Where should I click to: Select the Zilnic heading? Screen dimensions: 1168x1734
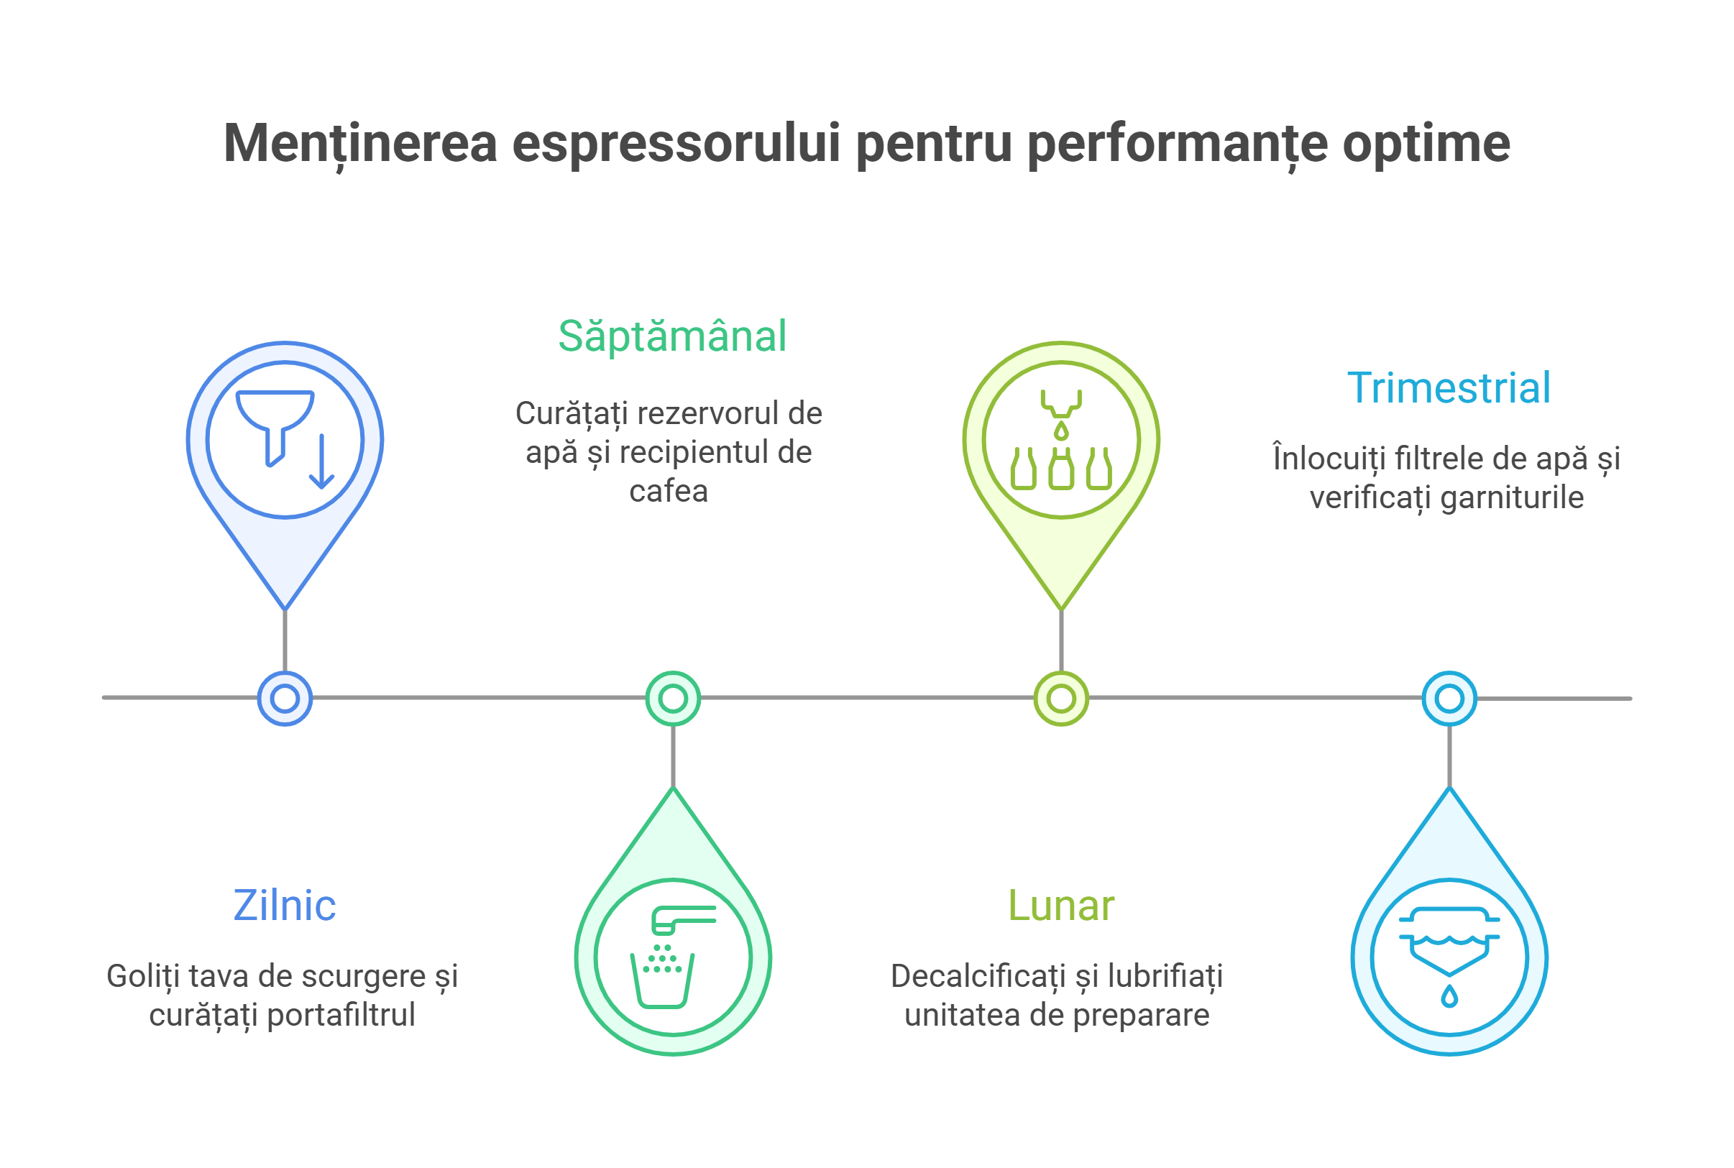285,905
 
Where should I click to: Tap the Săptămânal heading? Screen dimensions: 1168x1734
672,336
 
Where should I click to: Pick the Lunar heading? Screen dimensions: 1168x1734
1060,906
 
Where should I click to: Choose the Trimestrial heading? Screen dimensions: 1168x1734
1449,388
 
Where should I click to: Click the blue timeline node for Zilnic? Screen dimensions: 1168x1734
285,699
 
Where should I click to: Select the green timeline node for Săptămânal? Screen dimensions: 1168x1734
673,699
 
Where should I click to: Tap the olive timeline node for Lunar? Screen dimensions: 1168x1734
1060,699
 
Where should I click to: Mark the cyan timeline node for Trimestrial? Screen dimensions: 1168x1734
1449,699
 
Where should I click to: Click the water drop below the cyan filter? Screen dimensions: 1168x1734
1449,996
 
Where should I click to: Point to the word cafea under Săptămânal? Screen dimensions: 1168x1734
668,492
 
